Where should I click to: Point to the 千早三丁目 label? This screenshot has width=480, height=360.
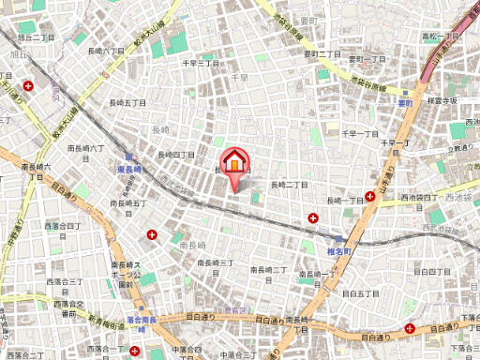pyautogui.click(x=200, y=63)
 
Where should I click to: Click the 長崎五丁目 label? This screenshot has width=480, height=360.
pyautogui.click(x=128, y=202)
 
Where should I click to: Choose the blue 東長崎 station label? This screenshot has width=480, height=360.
pyautogui.click(x=134, y=168)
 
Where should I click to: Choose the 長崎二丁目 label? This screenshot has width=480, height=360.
pyautogui.click(x=289, y=185)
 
